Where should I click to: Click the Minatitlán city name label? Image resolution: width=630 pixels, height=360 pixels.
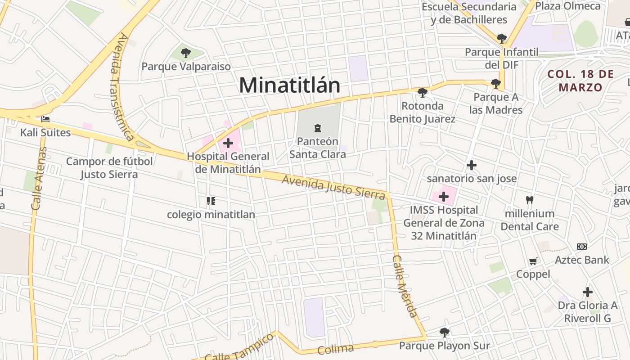coord(289,85)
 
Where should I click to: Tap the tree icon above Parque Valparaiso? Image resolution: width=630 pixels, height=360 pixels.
coord(186,53)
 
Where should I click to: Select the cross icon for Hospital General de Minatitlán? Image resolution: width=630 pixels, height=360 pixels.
coord(228,143)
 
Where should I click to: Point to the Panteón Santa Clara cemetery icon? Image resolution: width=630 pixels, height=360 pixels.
coord(318,128)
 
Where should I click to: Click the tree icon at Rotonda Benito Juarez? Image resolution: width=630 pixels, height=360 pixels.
coord(422,93)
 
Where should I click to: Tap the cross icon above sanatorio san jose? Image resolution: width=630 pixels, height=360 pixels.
coord(471,165)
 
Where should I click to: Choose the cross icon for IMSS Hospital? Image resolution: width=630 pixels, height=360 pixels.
coord(444,197)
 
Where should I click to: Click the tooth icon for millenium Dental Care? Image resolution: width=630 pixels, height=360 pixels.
coord(530,200)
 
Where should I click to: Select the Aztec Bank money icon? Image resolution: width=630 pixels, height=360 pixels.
coord(582,247)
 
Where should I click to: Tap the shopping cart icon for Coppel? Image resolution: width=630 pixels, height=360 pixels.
coord(533,261)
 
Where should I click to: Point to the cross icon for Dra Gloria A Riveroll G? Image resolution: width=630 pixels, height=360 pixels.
coord(587,292)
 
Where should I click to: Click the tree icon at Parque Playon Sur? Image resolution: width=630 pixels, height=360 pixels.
coord(445,333)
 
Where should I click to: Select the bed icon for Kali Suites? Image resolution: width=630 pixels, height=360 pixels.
coord(45,119)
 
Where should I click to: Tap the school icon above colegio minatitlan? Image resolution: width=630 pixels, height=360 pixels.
coord(211,201)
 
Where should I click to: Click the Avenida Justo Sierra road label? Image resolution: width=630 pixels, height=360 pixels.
coord(333,187)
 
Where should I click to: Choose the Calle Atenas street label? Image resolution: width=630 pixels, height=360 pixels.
coord(39,179)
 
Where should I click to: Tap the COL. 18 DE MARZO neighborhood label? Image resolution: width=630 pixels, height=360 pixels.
coord(580,81)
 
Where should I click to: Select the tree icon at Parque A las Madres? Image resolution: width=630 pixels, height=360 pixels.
coord(496,83)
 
